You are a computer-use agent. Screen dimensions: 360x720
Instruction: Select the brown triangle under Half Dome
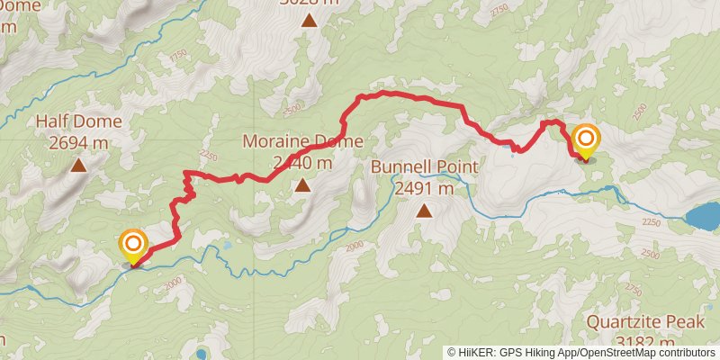click(x=79, y=166)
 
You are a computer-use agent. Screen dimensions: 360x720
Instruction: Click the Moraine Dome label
click(x=303, y=141)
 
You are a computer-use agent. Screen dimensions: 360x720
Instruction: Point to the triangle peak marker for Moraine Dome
click(x=302, y=185)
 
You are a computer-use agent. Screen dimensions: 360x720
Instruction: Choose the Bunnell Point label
click(x=424, y=168)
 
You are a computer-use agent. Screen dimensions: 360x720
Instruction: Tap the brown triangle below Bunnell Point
click(x=423, y=211)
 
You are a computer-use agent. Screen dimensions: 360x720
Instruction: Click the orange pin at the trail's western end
click(x=133, y=244)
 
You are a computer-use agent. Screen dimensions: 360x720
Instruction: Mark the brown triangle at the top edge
click(x=310, y=20)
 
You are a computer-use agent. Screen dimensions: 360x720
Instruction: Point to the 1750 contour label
click(x=177, y=56)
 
